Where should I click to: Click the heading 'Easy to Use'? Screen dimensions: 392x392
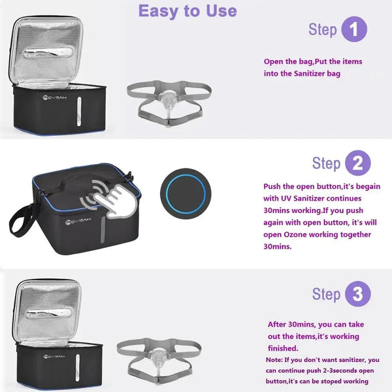pyautogui.click(x=188, y=11)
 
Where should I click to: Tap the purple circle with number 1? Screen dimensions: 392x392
pyautogui.click(x=354, y=29)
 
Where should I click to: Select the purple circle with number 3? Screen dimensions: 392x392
pyautogui.click(x=357, y=294)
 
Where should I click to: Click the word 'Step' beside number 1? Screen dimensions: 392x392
pyautogui.click(x=322, y=29)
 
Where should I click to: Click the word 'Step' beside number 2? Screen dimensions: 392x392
pyautogui.click(x=326, y=163)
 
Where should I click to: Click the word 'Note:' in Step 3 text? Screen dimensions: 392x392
pyautogui.click(x=275, y=359)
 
